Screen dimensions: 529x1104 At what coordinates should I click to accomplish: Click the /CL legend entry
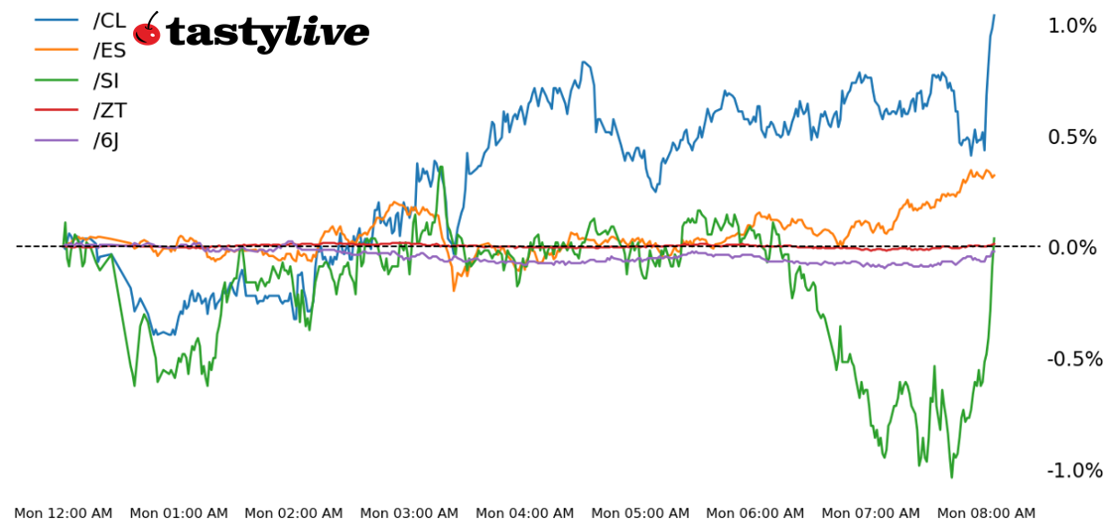point(109,20)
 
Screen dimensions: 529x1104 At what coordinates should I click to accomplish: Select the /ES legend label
point(109,50)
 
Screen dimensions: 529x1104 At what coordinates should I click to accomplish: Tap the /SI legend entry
point(106,80)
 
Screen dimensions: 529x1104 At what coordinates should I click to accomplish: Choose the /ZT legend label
point(109,110)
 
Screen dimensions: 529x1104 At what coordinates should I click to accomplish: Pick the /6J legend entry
point(106,140)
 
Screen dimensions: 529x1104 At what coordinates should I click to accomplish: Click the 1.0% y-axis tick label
point(1072,26)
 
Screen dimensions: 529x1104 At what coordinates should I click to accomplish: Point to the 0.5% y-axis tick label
point(1072,137)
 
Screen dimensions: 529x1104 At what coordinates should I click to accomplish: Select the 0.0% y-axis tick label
point(1072,247)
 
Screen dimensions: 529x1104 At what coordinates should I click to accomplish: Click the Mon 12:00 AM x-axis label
point(64,513)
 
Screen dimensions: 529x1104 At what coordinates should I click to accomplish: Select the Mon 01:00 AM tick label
point(179,513)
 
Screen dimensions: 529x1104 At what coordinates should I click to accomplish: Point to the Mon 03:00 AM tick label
point(409,513)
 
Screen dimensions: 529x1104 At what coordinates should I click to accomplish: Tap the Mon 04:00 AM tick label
point(524,513)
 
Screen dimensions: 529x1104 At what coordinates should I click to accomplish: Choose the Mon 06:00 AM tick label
point(756,513)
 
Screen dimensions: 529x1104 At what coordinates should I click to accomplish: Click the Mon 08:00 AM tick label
point(986,513)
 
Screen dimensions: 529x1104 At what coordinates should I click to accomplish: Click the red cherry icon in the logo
point(147,31)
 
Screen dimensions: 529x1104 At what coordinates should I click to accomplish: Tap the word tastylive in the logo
point(268,34)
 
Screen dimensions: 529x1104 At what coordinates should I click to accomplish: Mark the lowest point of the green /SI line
point(951,477)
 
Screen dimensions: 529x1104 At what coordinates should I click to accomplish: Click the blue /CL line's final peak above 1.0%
point(994,15)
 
